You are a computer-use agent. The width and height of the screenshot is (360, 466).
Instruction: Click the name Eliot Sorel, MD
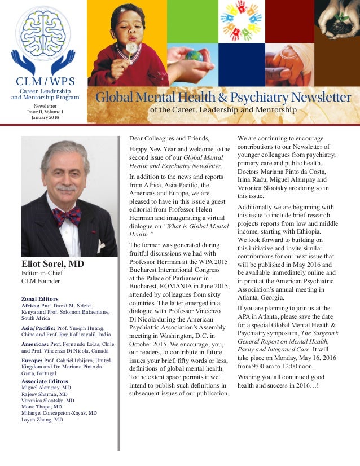[x=54, y=263]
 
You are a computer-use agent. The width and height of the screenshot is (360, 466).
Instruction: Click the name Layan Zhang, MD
[x=42, y=420]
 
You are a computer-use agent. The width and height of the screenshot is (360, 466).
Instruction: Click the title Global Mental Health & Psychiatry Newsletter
[x=223, y=98]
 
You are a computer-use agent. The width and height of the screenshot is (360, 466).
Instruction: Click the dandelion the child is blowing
[x=132, y=48]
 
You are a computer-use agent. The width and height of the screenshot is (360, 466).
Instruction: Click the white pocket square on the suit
[x=100, y=245]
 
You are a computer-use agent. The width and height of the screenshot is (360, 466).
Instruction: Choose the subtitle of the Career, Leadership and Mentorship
[x=223, y=109]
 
